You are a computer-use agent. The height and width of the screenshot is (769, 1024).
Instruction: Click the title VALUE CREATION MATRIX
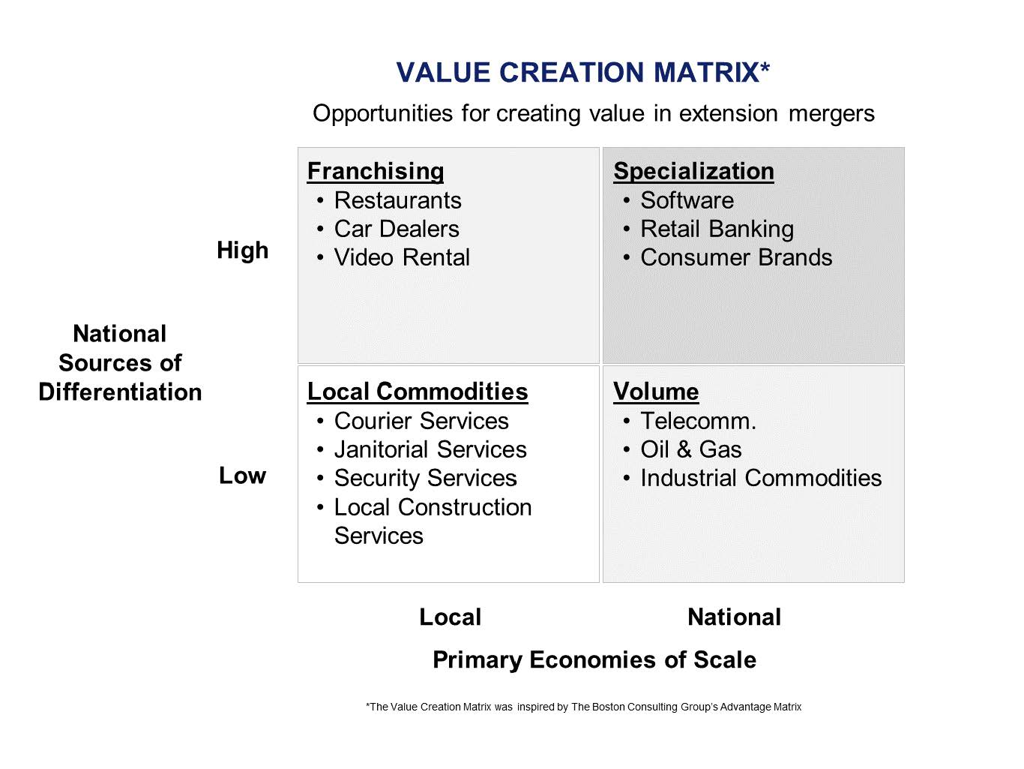click(x=582, y=72)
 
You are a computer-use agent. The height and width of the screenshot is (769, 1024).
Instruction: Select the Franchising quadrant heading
click(x=376, y=171)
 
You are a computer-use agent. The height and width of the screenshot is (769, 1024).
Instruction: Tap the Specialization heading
click(x=693, y=171)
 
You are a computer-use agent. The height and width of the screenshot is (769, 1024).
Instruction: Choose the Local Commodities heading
click(x=418, y=392)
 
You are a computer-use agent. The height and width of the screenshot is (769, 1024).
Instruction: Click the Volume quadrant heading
click(x=656, y=392)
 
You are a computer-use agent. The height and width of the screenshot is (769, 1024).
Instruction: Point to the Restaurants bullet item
click(x=398, y=200)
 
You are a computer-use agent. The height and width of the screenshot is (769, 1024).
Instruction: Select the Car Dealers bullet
click(x=397, y=229)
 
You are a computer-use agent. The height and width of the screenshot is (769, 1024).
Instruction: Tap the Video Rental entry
click(x=402, y=257)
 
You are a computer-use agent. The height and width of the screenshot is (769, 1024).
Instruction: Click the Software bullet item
click(x=687, y=200)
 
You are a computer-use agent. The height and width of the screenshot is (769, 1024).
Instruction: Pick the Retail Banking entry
click(x=717, y=230)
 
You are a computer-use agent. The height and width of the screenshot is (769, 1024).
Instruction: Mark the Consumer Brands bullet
click(x=736, y=257)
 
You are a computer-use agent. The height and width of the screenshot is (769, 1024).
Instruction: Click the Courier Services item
click(x=421, y=421)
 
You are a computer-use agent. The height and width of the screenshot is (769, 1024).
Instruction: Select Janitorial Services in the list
click(x=430, y=449)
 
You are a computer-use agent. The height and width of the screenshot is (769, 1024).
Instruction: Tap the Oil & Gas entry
click(x=691, y=449)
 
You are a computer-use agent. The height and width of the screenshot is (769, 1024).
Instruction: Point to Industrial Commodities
click(x=761, y=478)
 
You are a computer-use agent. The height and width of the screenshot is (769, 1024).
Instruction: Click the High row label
click(x=243, y=251)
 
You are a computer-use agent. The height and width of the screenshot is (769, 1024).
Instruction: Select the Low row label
click(x=243, y=476)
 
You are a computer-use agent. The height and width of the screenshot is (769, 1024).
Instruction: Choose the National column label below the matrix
click(x=735, y=617)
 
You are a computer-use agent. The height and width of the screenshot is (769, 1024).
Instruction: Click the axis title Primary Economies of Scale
click(x=594, y=659)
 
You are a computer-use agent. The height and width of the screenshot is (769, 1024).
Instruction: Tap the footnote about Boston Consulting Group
click(x=583, y=707)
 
